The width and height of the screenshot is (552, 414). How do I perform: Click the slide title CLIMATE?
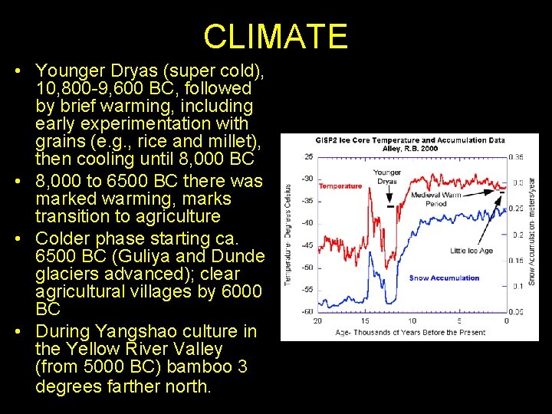tap(275, 36)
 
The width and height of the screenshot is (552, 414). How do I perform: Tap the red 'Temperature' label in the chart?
tap(340, 186)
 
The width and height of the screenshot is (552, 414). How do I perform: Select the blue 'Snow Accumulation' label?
tap(444, 278)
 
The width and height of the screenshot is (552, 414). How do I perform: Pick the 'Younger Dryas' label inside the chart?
tap(388, 177)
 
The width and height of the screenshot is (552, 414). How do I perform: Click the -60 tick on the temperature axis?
tap(307, 312)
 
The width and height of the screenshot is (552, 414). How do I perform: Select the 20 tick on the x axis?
tap(317, 320)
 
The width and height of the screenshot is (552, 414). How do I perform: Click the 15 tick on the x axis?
tap(365, 320)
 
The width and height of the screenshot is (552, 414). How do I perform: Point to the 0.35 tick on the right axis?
tap(516, 156)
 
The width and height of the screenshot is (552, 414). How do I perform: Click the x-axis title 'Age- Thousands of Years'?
tap(411, 332)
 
